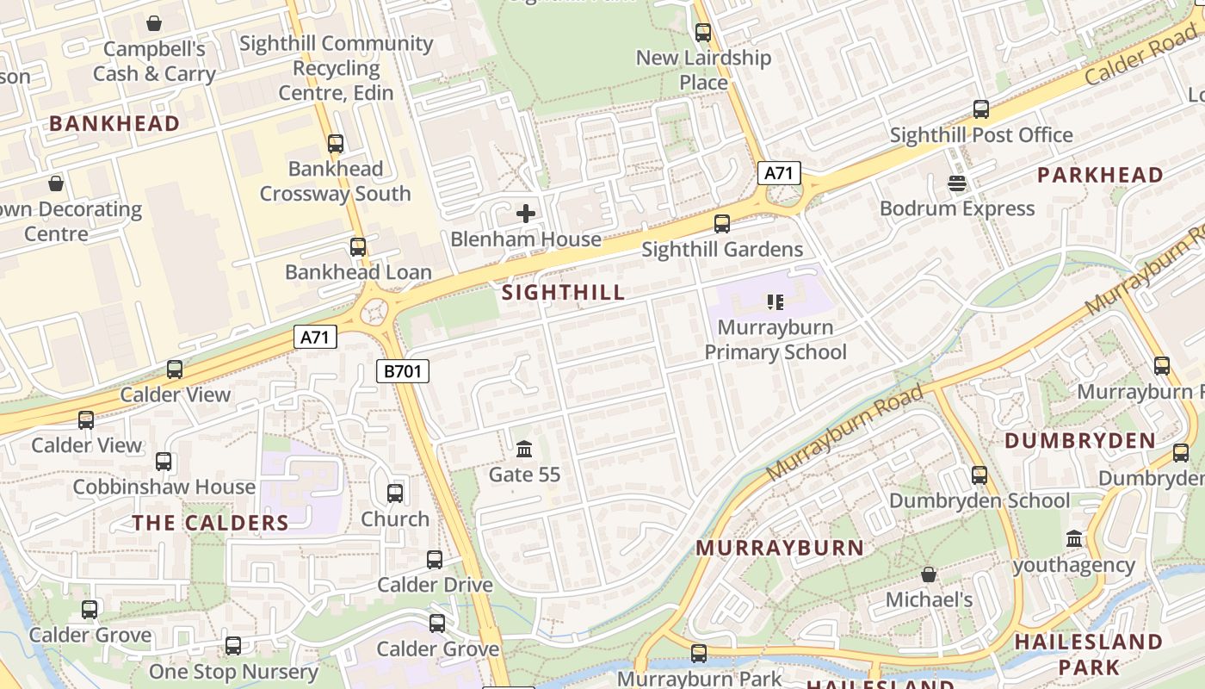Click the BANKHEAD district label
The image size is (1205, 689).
coord(114,123)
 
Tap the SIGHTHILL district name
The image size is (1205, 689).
coord(564,292)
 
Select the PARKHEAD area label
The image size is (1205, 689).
coord(1100,175)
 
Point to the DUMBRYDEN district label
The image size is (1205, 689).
coord(1080,440)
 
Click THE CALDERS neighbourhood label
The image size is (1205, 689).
coord(211,523)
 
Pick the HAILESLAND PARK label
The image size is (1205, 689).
coord(1089,654)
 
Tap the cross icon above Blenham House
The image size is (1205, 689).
coord(526,214)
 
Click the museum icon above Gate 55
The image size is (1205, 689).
coord(524,449)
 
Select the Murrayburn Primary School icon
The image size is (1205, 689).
coord(775,301)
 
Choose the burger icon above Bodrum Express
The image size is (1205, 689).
coord(957,183)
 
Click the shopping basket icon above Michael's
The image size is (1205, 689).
coord(929,574)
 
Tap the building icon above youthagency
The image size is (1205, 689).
coord(1074,539)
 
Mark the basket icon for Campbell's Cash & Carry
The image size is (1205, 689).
coord(154,23)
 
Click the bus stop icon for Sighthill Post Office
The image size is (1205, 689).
coord(981,109)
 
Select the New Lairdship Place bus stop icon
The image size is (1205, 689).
coord(703,33)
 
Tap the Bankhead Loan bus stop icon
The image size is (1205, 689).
coord(358,247)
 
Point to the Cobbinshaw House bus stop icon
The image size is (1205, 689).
coord(164,462)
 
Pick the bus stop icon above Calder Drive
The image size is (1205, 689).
coord(435,560)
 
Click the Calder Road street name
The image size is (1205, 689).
coord(1140,53)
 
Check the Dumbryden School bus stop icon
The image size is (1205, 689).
coord(979,475)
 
